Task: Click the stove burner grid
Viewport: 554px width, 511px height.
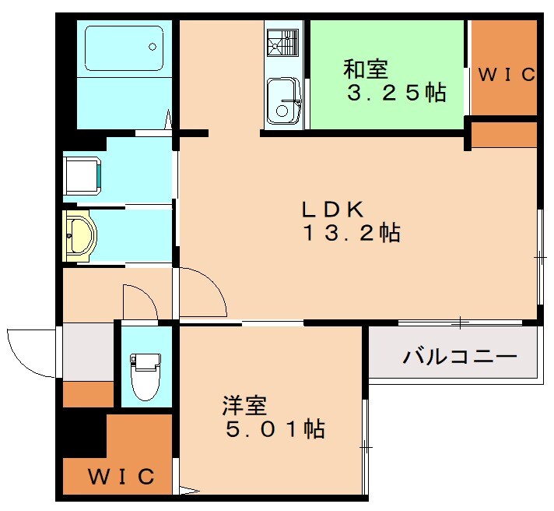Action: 282,42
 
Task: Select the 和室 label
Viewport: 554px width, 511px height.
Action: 365,69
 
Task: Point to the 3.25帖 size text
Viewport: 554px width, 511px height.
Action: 396,93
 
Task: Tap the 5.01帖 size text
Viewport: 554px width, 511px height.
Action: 273,428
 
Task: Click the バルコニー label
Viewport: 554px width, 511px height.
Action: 460,358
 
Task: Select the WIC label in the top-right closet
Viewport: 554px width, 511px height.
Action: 506,75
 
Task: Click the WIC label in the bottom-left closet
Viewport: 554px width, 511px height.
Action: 120,475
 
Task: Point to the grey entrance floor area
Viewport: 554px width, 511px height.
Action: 88,351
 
